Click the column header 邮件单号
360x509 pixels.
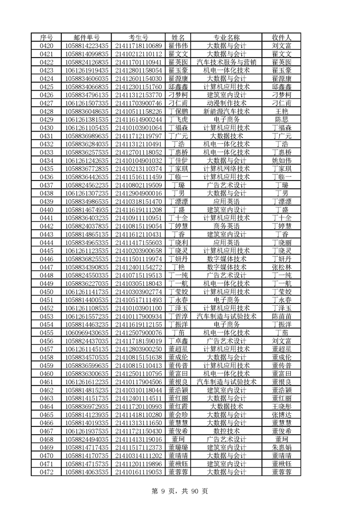point(87,37)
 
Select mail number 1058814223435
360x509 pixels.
point(87,45)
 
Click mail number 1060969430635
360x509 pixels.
point(87,333)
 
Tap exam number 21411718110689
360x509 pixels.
point(138,45)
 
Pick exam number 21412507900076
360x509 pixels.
point(138,333)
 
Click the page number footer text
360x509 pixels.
point(180,490)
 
